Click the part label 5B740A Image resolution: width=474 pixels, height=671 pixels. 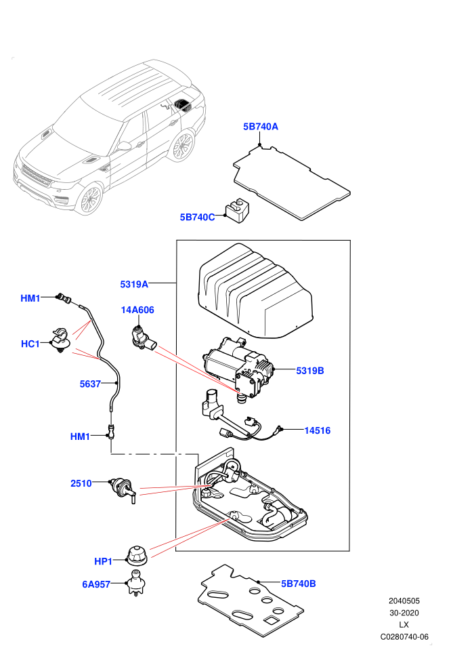pyautogui.click(x=260, y=127)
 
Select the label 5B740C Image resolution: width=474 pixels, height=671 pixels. pyautogui.click(x=197, y=218)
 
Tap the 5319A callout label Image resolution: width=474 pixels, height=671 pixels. pyautogui.click(x=134, y=284)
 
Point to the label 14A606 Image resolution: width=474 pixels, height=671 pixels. pyautogui.click(x=137, y=310)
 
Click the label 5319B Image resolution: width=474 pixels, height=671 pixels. pyautogui.click(x=310, y=371)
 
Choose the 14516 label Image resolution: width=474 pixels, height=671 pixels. pyautogui.click(x=317, y=430)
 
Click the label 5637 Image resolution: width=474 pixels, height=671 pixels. pyautogui.click(x=90, y=384)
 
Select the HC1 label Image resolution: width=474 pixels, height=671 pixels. pyautogui.click(x=30, y=344)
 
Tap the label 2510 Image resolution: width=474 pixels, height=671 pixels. pyautogui.click(x=81, y=483)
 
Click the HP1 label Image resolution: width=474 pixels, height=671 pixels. pyautogui.click(x=104, y=561)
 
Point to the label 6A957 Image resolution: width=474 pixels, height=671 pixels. pyautogui.click(x=96, y=584)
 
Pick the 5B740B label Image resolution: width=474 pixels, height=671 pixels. pyautogui.click(x=299, y=584)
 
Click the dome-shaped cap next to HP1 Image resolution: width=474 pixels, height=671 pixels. pyautogui.click(x=136, y=554)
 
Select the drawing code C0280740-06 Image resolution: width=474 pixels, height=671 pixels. pyautogui.click(x=404, y=636)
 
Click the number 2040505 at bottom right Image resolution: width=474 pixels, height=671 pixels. pyautogui.click(x=404, y=601)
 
